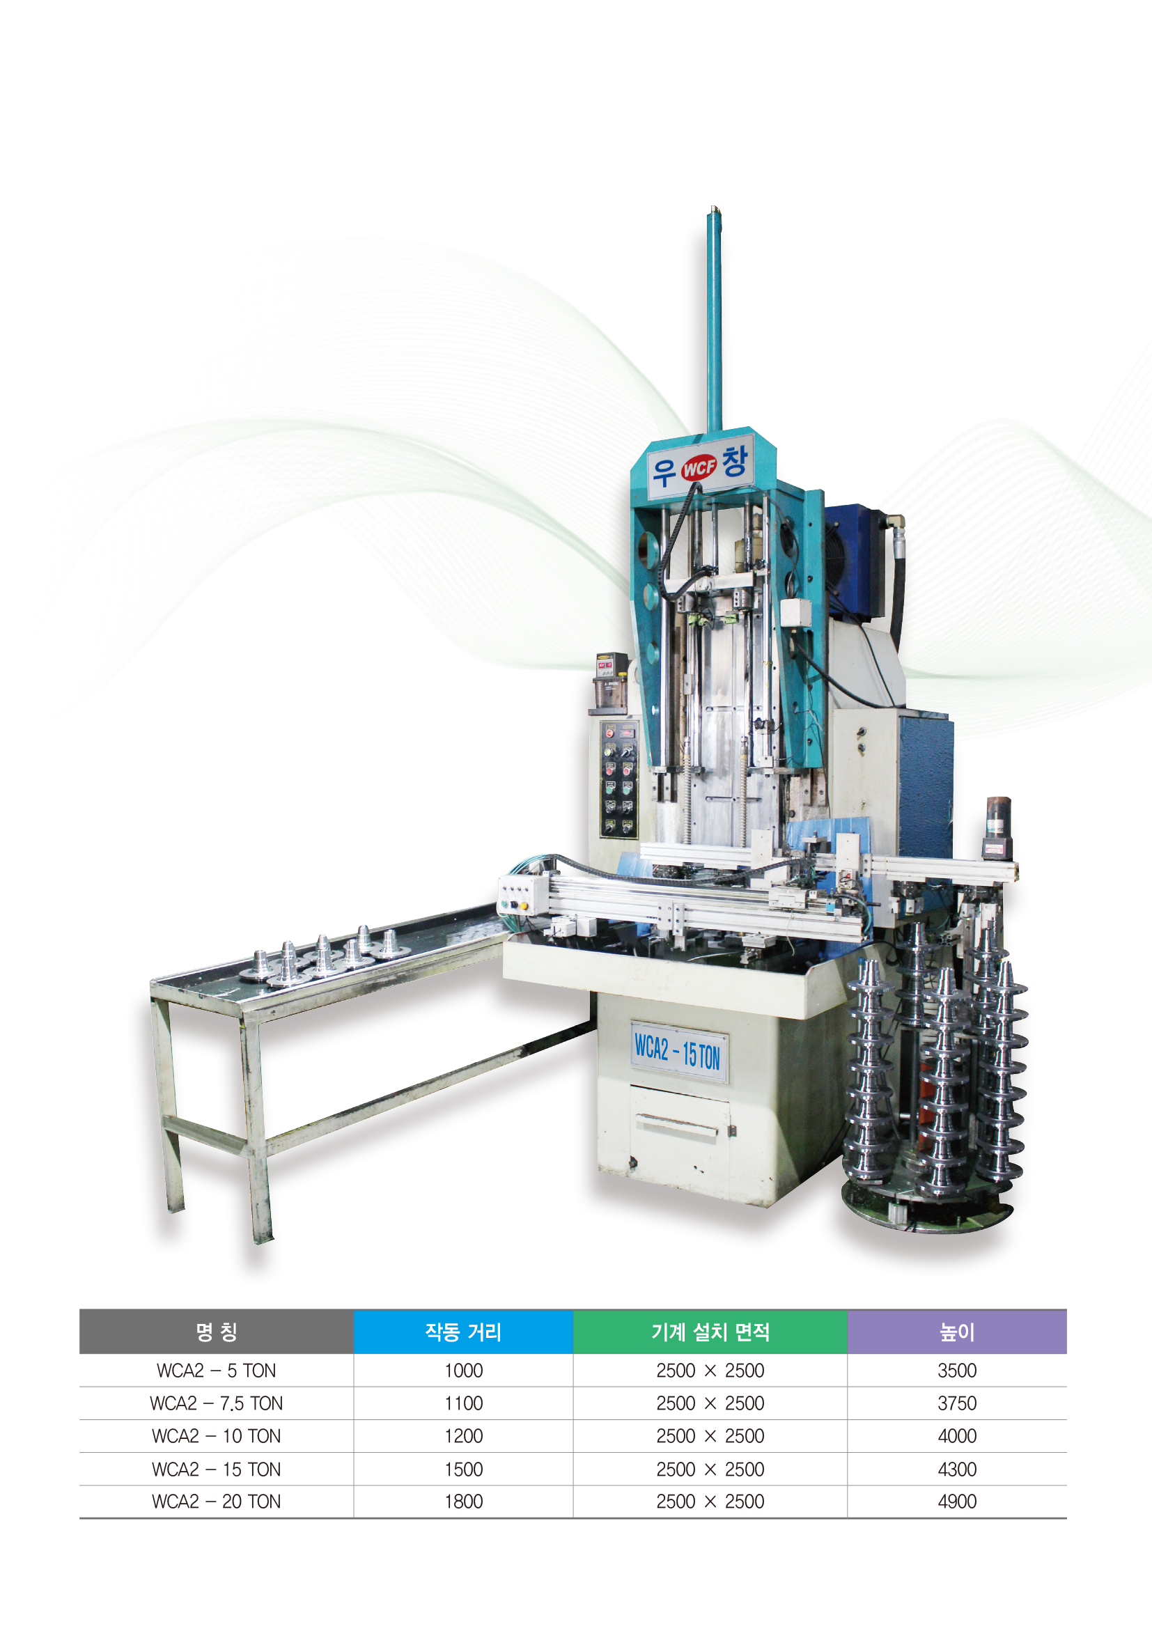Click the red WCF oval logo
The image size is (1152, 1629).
(699, 467)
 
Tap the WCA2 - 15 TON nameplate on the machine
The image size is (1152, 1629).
(678, 1052)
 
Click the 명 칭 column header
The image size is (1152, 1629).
(217, 1332)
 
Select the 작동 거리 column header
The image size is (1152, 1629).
(463, 1332)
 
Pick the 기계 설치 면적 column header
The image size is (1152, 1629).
(710, 1332)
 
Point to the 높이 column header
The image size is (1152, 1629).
(957, 1332)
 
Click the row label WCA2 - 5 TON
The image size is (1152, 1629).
(217, 1371)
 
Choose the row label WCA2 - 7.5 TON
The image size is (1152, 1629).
(217, 1403)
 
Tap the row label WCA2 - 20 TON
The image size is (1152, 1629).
(217, 1502)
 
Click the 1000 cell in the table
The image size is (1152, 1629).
(463, 1371)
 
